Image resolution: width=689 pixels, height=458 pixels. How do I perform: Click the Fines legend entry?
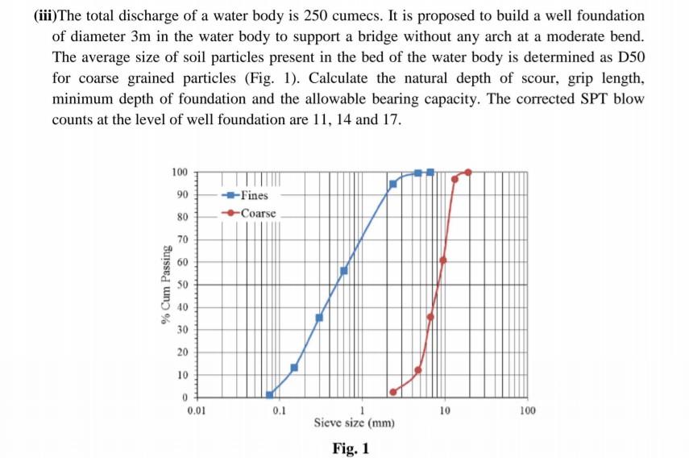[253, 196]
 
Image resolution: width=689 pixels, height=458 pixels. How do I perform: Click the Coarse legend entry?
[256, 214]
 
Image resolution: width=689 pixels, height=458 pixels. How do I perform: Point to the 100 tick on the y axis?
[179, 172]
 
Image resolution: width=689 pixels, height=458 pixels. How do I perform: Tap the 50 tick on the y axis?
[181, 285]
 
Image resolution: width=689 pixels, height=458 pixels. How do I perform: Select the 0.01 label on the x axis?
[196, 411]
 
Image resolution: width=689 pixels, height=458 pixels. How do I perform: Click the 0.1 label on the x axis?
[280, 411]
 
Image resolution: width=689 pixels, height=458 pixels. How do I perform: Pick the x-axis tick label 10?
[446, 411]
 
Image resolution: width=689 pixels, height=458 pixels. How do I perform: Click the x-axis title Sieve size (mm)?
[355, 423]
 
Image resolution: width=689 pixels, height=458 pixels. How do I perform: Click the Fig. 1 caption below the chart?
[351, 448]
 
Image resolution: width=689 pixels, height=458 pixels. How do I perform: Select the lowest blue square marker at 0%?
[270, 394]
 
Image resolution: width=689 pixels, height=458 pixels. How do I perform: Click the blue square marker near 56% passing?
[344, 270]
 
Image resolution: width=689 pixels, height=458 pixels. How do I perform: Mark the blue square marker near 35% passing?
[319, 318]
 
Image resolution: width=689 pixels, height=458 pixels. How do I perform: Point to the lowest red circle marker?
[393, 392]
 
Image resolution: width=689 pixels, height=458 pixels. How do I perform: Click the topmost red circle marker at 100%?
[468, 172]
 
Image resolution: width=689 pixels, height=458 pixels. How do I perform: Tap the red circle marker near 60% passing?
[443, 260]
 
